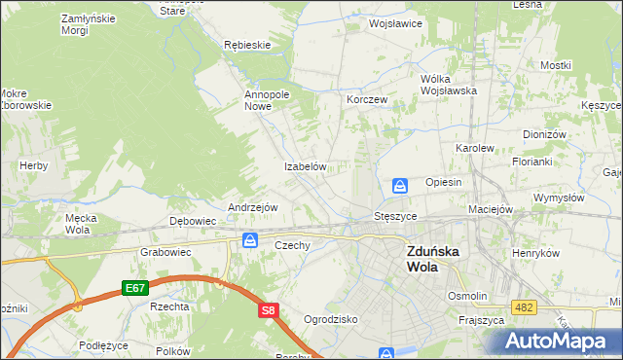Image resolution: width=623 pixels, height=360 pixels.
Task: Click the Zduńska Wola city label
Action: click(x=434, y=257)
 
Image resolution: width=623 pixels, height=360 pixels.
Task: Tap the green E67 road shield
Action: click(x=135, y=289)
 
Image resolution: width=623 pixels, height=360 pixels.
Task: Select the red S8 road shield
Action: click(x=270, y=310)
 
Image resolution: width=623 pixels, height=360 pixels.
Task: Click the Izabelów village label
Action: click(x=304, y=166)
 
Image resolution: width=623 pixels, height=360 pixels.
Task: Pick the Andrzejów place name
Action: click(x=253, y=208)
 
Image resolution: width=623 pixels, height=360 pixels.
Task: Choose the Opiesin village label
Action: click(x=443, y=183)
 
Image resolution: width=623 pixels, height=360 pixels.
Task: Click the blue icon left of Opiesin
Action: click(x=400, y=185)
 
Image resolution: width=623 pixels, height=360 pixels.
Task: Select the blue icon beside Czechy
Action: click(x=251, y=240)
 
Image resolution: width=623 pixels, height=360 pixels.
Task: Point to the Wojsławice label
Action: click(x=395, y=22)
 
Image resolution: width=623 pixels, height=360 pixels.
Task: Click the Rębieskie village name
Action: click(x=246, y=45)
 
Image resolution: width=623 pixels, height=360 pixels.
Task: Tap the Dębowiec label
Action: click(x=193, y=221)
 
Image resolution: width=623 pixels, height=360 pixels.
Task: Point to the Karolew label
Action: click(x=476, y=148)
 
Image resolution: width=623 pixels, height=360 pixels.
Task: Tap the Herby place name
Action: click(x=33, y=166)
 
